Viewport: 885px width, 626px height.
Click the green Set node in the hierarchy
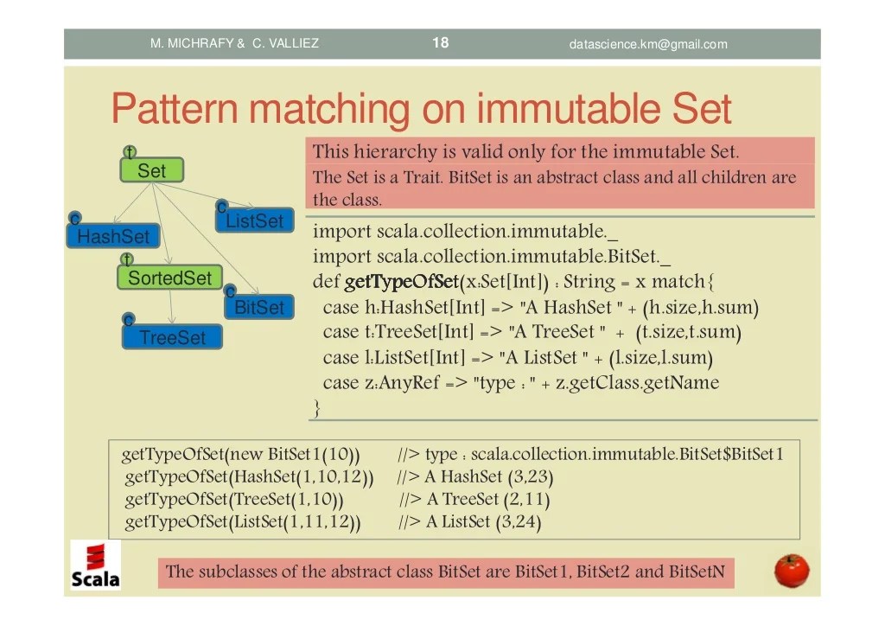(x=151, y=171)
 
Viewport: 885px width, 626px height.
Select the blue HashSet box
(x=113, y=236)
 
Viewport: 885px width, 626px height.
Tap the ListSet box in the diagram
(x=254, y=221)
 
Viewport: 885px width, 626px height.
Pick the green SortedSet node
(x=169, y=278)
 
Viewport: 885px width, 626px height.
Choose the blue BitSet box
(x=259, y=307)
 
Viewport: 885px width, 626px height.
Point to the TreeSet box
(x=173, y=337)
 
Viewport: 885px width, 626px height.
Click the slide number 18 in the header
(x=441, y=42)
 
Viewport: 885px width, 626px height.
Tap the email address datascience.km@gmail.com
(x=648, y=44)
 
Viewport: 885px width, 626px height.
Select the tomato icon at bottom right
(x=791, y=571)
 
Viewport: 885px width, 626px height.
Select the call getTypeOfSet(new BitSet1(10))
(x=241, y=455)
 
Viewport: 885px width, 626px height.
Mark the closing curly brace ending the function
(x=317, y=407)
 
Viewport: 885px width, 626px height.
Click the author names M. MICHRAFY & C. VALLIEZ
(x=234, y=43)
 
